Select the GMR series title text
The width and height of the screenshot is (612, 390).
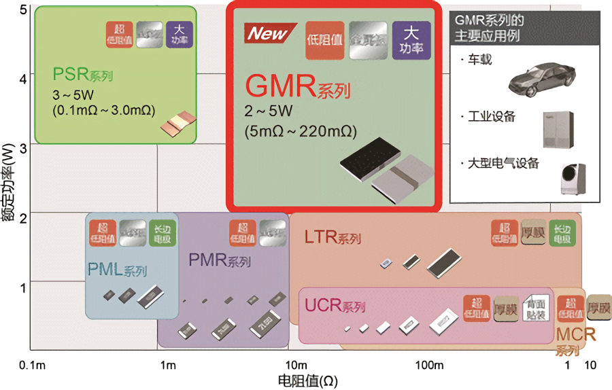(297, 86)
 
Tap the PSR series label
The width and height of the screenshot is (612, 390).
(82, 74)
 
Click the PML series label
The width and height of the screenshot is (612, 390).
(117, 269)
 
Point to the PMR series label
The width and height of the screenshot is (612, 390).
(219, 260)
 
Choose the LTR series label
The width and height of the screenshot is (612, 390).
(332, 237)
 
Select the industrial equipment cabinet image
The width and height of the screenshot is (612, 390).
(556, 129)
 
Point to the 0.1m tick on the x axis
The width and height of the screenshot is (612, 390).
(33, 366)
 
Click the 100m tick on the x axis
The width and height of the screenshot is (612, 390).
(430, 366)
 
